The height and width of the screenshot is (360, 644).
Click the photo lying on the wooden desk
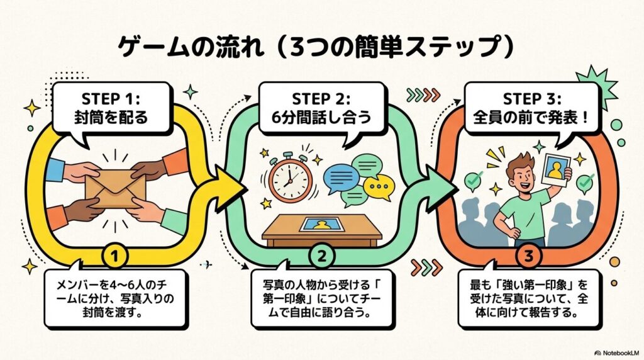(x=321, y=223)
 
